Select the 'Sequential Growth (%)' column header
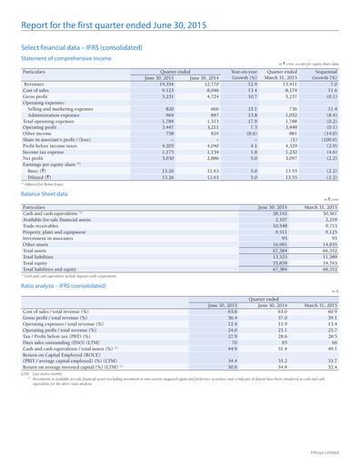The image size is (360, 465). click(x=335, y=72)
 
